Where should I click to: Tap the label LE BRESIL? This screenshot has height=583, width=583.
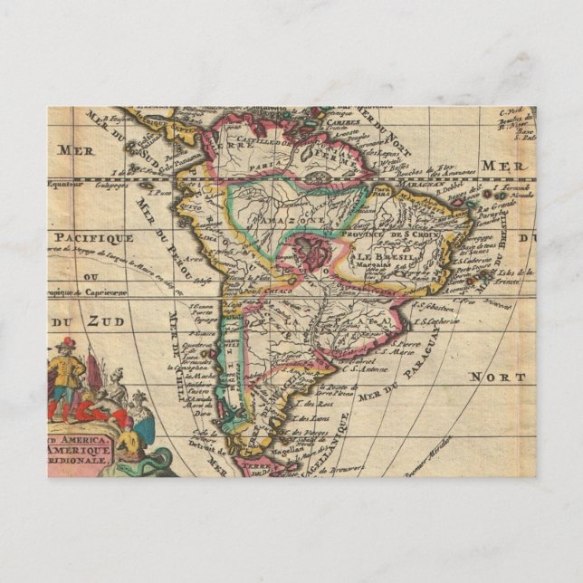[x=384, y=259]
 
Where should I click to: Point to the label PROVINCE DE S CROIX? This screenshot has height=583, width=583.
[x=399, y=236]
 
